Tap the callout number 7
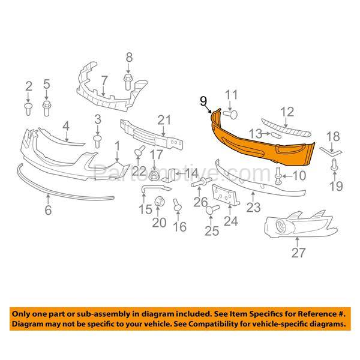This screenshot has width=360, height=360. tap(103, 79)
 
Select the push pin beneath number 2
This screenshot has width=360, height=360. tap(28, 107)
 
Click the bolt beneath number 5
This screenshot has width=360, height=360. tap(46, 107)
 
